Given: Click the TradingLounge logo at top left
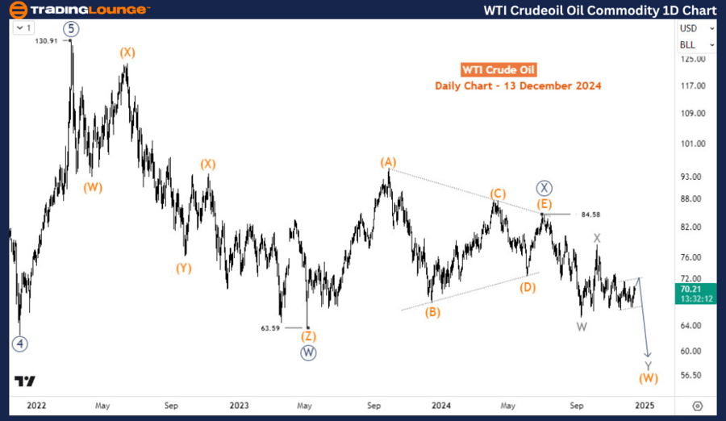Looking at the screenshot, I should tap(78, 10).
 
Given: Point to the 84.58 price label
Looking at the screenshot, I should tap(590, 215).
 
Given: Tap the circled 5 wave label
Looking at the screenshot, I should tap(72, 28).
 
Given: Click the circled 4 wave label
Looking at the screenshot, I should tap(19, 343).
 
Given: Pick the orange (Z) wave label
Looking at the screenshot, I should tap(307, 336).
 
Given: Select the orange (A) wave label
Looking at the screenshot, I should tap(389, 162).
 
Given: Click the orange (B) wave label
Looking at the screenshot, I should tap(433, 312).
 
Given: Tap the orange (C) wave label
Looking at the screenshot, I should tap(498, 194).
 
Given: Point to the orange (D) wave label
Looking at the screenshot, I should tap(528, 286).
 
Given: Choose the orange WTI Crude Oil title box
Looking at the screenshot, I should tap(498, 70).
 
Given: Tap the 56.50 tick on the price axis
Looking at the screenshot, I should tap(693, 376).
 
